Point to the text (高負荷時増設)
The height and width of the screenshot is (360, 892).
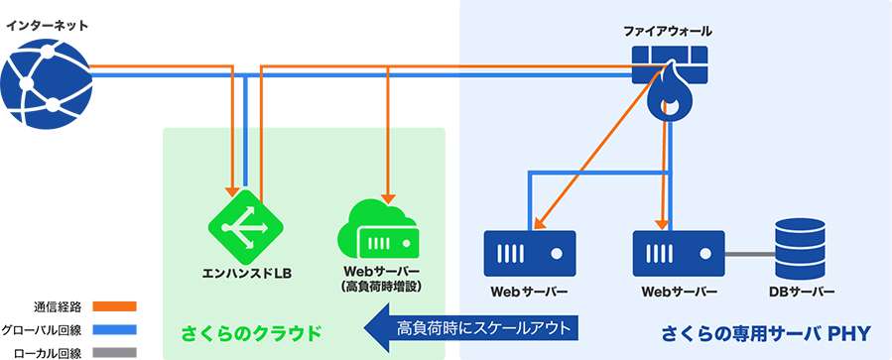click(x=382, y=287)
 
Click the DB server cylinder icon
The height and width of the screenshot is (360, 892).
click(x=802, y=248)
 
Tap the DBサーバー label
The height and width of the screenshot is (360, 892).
click(x=802, y=293)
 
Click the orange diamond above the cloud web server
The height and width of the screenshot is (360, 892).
click(x=385, y=99)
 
